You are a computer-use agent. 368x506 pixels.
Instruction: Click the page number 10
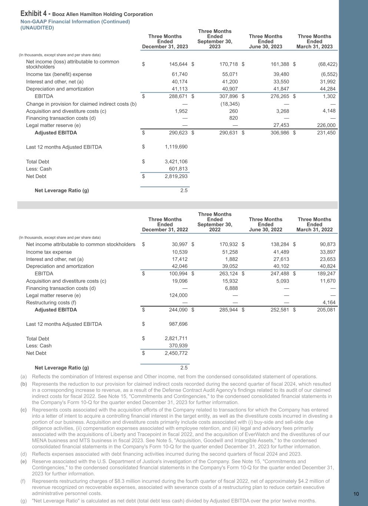coord(356,493)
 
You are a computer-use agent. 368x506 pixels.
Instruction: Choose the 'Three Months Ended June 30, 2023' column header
coord(265,42)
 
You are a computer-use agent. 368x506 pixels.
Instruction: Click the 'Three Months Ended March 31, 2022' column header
coord(314,224)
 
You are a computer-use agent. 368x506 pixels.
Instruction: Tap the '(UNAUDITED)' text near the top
coord(37,28)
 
